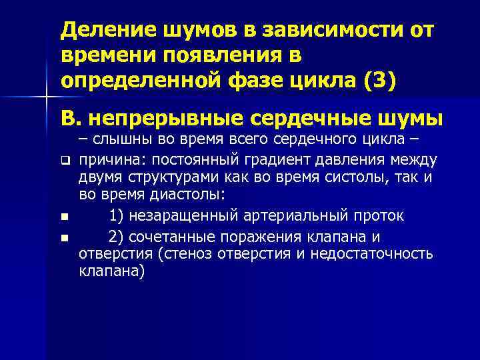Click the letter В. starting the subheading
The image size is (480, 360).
coord(69,117)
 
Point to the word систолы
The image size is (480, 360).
coord(355,177)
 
